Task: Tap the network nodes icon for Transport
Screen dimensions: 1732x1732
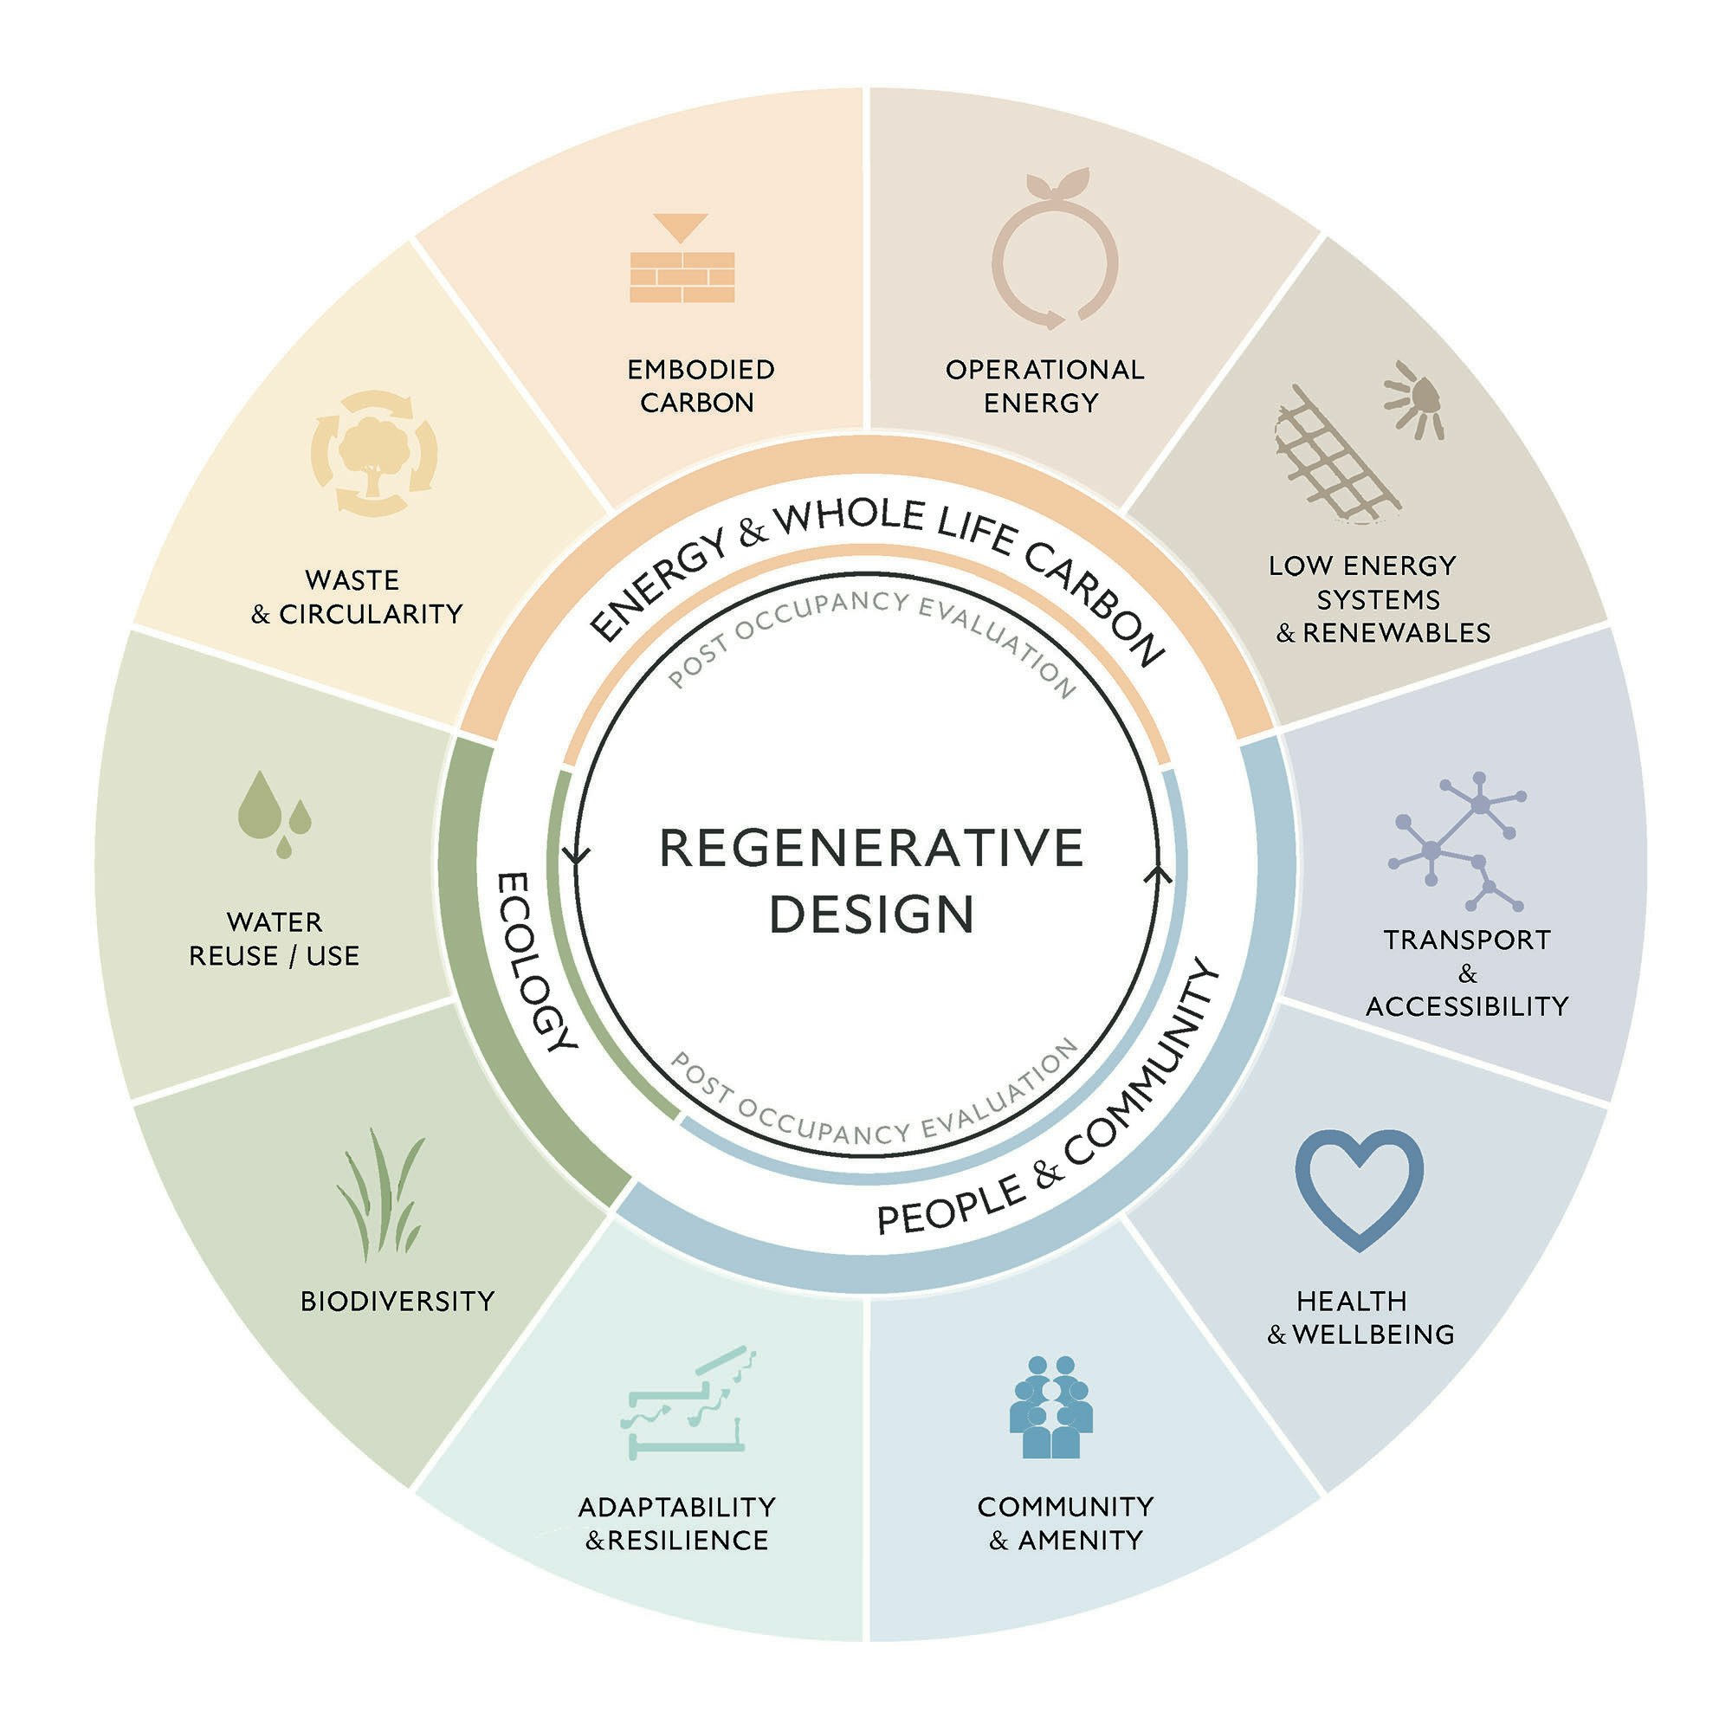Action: tap(1456, 840)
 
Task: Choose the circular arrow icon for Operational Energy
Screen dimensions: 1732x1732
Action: tap(1054, 255)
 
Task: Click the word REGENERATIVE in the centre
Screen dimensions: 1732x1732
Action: tap(870, 848)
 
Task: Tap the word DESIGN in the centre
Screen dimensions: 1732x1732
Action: tap(870, 914)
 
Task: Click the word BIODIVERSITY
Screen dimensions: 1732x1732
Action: tap(397, 1301)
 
